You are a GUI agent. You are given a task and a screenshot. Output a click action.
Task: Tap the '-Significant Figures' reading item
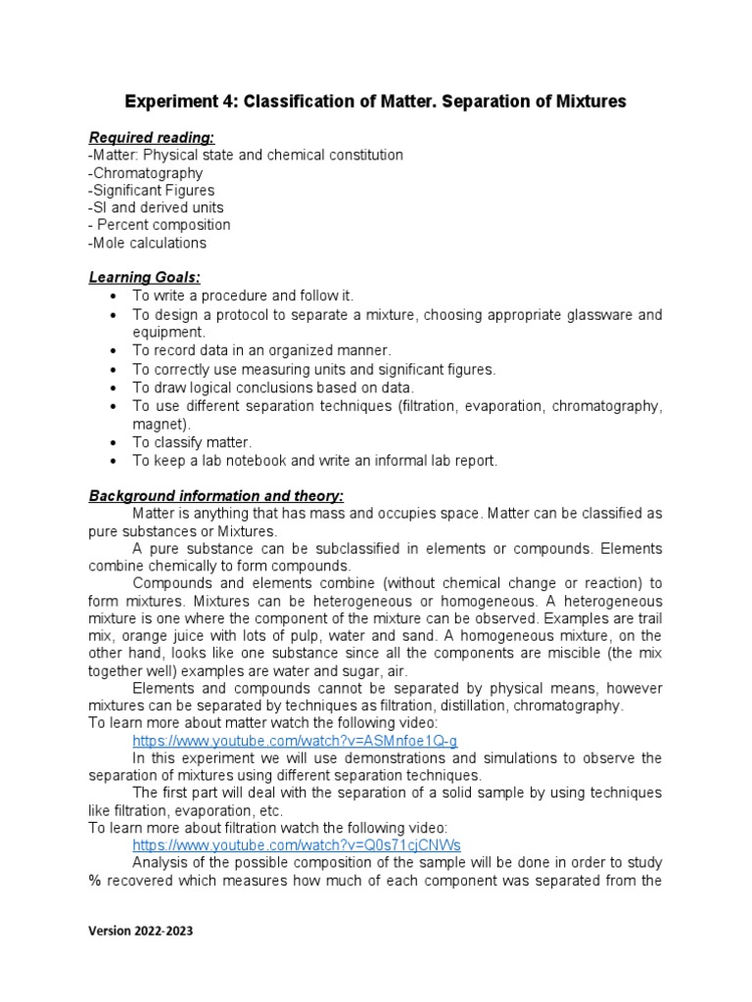[x=151, y=190]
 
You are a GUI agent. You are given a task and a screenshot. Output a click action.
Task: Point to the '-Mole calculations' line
[x=147, y=243]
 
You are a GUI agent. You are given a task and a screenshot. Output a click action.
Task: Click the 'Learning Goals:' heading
[x=144, y=278]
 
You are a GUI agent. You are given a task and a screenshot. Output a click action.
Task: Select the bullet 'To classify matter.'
[x=192, y=442]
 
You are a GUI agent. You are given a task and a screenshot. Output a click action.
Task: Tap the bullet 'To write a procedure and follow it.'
[x=243, y=296]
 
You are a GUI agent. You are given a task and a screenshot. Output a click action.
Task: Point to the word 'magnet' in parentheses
[x=159, y=424]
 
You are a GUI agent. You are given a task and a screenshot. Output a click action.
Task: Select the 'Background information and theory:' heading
[x=216, y=496]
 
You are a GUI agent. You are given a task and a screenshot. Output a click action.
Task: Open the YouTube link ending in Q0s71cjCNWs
[x=297, y=844]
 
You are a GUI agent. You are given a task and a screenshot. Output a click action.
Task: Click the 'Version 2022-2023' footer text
[x=141, y=931]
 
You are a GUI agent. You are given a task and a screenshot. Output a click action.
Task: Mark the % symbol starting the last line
[x=94, y=880]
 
